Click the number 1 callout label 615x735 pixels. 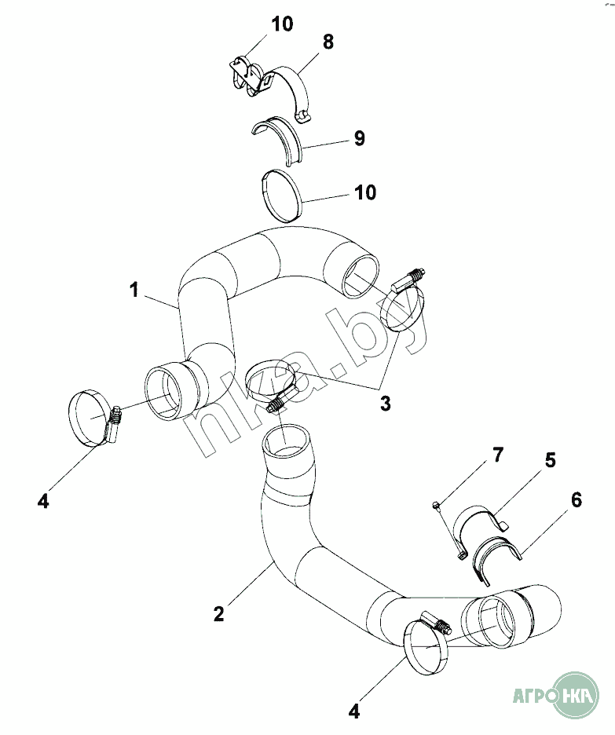click(x=134, y=291)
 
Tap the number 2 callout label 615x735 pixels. click(x=219, y=613)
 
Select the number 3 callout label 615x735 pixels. click(x=385, y=404)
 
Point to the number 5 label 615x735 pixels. click(x=550, y=460)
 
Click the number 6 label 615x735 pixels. click(x=576, y=501)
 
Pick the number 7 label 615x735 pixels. click(x=497, y=455)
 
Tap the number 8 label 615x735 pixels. click(x=328, y=42)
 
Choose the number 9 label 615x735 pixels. click(x=359, y=139)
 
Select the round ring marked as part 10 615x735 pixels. click(x=281, y=194)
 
